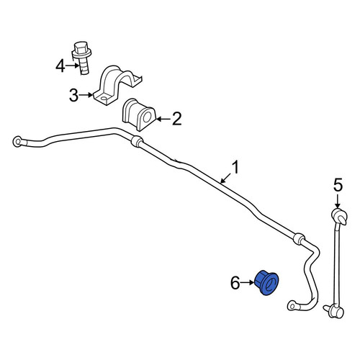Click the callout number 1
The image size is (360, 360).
click(x=235, y=168)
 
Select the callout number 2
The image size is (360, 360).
click(x=177, y=119)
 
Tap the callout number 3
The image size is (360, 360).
click(x=73, y=95)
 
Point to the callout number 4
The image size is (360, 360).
click(x=60, y=66)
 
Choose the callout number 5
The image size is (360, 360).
click(x=338, y=185)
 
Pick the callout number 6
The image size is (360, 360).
click(x=235, y=283)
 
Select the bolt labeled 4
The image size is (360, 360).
click(x=82, y=58)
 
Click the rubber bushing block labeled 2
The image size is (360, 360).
click(x=139, y=114)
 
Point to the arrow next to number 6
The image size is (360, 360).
click(x=247, y=283)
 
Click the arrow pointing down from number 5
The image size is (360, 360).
click(x=338, y=201)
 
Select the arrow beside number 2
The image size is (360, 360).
click(x=163, y=119)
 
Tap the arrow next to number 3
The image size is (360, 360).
click(x=86, y=95)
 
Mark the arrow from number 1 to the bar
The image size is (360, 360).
click(x=226, y=178)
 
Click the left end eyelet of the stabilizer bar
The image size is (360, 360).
click(x=17, y=141)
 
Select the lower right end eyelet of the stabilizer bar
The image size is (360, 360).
click(x=292, y=306)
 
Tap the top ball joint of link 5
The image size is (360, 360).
click(x=339, y=215)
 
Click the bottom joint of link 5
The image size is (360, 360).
click(x=336, y=311)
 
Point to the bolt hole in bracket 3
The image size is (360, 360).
click(x=104, y=99)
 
